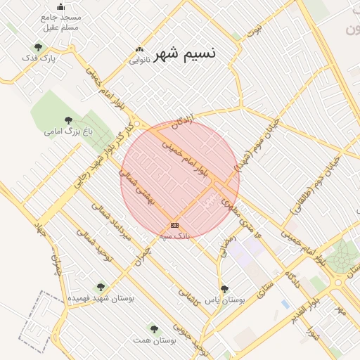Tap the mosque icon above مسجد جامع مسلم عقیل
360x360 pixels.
(60, 6)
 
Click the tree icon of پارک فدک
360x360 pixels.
(38, 48)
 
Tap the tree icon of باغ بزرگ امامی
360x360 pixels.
(68, 120)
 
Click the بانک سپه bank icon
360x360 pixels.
(174, 225)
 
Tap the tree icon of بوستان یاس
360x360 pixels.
(224, 289)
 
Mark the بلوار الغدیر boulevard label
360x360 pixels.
(307, 309)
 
